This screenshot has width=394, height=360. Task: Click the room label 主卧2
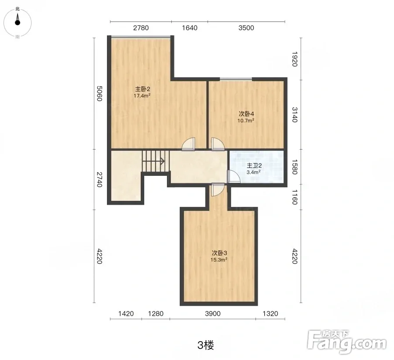click(142, 89)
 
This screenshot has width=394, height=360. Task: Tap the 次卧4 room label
click(246, 114)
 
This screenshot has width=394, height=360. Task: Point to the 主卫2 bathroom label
click(254, 165)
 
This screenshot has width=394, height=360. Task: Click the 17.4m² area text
click(142, 96)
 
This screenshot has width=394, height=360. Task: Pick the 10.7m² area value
click(246, 121)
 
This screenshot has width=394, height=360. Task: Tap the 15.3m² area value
click(219, 260)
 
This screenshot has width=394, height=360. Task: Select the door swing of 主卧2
click(188, 144)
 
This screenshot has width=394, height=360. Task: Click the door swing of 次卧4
click(218, 144)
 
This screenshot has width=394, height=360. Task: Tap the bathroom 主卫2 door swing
click(234, 176)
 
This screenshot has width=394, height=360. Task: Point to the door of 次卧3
click(218, 190)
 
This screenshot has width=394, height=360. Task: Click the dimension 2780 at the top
click(141, 28)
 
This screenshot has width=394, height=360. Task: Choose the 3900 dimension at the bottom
click(213, 314)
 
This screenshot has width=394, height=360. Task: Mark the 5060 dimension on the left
click(99, 93)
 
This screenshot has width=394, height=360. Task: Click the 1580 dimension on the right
click(295, 167)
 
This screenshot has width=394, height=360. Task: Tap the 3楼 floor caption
click(206, 345)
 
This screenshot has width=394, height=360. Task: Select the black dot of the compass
click(18, 23)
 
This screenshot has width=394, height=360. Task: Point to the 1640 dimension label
click(190, 28)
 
